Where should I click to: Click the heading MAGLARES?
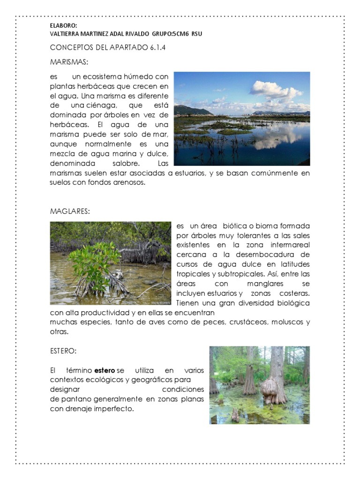coord(70,211)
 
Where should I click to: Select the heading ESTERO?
coord(63,351)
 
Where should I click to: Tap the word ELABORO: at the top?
coord(63,26)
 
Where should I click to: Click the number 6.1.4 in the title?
coord(157,47)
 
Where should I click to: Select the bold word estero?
coord(105,370)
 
